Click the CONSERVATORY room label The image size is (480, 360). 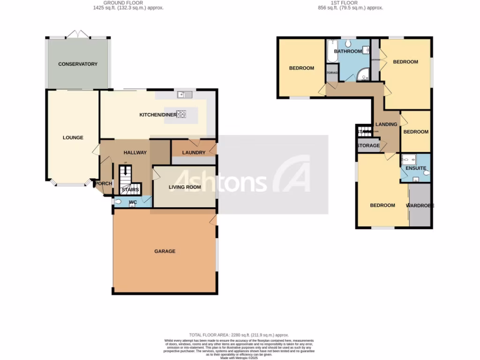click(77, 64)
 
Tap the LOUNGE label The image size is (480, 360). click(73, 138)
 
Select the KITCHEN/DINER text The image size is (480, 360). click(157, 115)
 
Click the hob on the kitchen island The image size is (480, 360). click(181, 114)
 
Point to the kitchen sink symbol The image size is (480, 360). click(182, 95)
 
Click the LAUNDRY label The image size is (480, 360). click(194, 153)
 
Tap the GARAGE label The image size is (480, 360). click(165, 251)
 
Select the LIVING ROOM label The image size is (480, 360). click(185, 187)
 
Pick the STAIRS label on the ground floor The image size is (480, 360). click(130, 190)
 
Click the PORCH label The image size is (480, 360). click(104, 183)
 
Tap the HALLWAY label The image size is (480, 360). click(135, 153)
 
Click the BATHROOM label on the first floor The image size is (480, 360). click(348, 52)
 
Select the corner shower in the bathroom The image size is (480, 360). click(363, 75)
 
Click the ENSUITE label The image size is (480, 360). click(416, 168)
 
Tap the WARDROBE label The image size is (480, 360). click(420, 206)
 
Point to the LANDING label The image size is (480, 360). click(386, 124)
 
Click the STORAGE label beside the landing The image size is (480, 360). click(368, 146)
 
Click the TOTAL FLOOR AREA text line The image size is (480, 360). click(239, 335)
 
